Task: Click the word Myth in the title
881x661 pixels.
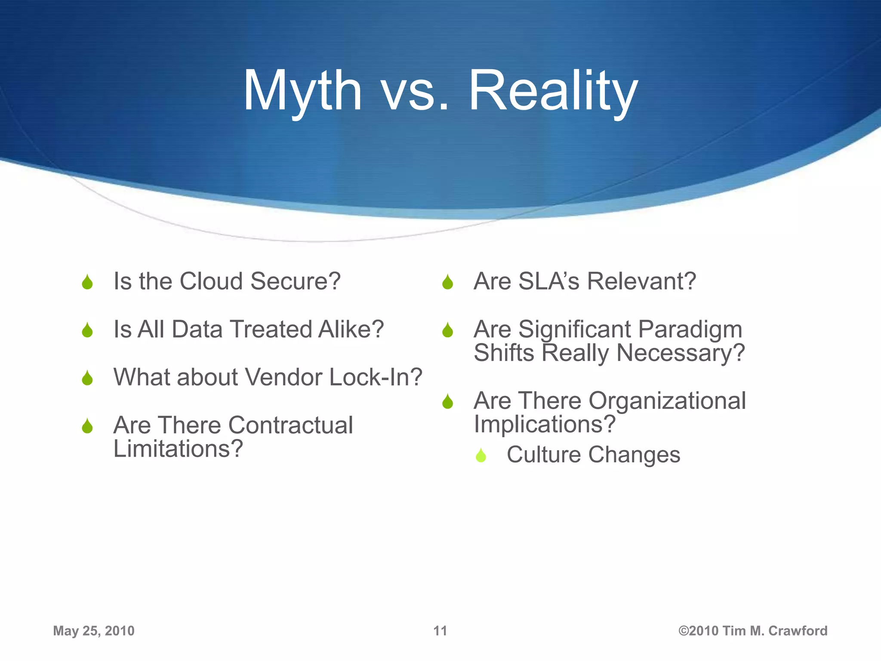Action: click(302, 91)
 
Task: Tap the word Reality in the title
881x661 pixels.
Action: click(553, 91)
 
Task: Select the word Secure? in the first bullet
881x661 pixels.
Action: click(296, 281)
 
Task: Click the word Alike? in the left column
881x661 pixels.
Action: click(351, 330)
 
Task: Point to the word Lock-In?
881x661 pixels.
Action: click(376, 377)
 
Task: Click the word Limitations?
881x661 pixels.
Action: click(178, 449)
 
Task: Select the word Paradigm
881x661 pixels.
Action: click(690, 330)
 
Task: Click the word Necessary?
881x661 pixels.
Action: click(681, 353)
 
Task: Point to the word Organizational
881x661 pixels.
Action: click(667, 401)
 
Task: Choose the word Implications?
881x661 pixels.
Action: click(545, 425)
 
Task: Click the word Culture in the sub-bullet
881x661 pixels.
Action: click(543, 455)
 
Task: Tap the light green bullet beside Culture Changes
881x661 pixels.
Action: click(481, 455)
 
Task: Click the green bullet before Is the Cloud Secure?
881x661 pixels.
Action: click(87, 282)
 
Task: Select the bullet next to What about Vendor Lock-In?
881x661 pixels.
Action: click(87, 378)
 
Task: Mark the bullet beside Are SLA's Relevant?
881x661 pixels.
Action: click(448, 282)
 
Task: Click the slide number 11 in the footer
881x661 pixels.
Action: click(440, 631)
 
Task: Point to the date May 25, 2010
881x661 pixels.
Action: click(94, 631)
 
